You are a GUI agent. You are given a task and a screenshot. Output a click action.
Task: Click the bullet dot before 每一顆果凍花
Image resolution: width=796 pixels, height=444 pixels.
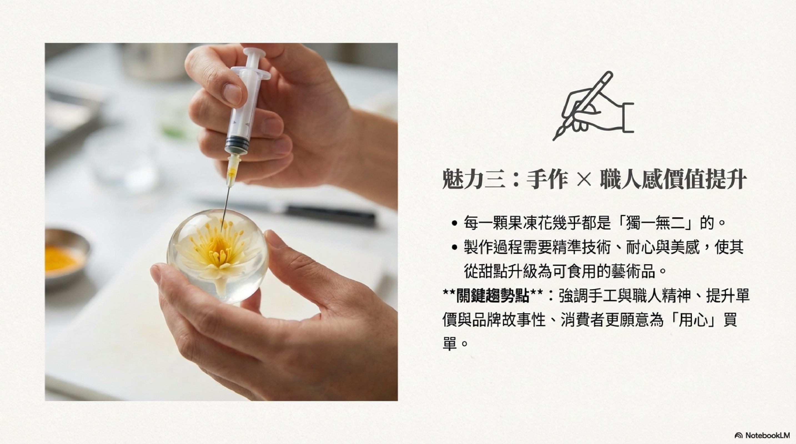click(454, 223)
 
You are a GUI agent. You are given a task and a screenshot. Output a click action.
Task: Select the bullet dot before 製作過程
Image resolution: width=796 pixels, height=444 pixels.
click(454, 247)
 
